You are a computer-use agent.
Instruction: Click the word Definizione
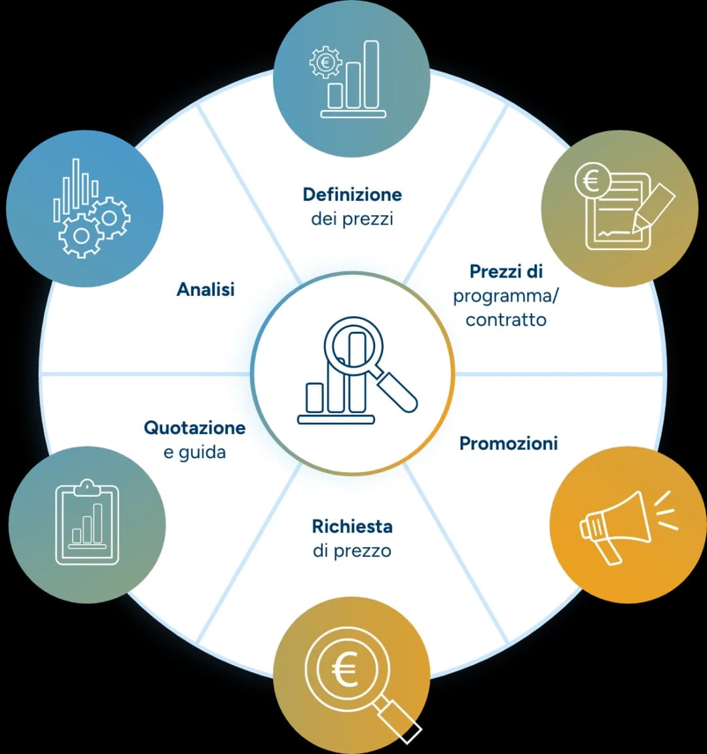352,194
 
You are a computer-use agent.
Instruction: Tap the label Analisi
206,289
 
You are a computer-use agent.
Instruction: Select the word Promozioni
509,443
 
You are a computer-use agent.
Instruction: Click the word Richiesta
352,526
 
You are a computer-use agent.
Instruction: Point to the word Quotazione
195,427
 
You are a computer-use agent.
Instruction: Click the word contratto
506,320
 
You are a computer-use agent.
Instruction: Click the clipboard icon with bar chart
87,522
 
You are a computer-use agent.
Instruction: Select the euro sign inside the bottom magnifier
345,670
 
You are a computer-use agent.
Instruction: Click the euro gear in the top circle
325,62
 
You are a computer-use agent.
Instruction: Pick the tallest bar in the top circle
371,75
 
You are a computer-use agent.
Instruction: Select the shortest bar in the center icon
315,398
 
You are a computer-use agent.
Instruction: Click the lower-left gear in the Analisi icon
81,236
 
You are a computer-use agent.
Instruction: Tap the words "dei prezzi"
352,219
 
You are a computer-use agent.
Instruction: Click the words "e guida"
195,452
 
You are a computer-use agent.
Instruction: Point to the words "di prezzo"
352,550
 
